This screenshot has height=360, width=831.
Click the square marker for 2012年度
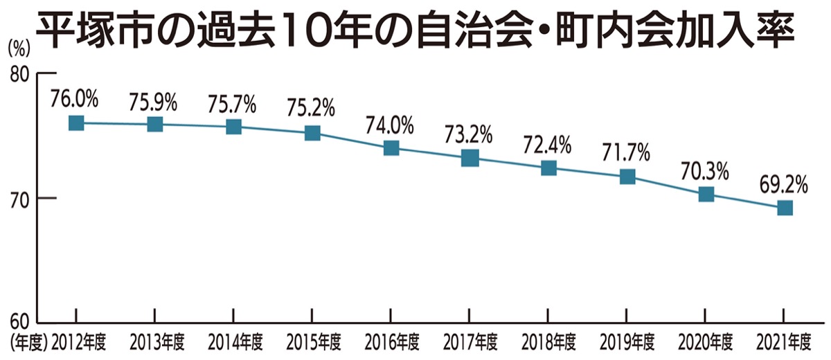click(76, 123)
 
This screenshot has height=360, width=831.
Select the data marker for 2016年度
click(391, 147)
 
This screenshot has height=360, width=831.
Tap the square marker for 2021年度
click(785, 208)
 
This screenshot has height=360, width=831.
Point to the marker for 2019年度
click(627, 177)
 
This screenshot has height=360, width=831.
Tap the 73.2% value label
click(469, 134)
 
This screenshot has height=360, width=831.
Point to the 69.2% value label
click(784, 184)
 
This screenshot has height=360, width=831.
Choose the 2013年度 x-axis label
click(157, 342)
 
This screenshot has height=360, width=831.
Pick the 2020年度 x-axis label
click(706, 342)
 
